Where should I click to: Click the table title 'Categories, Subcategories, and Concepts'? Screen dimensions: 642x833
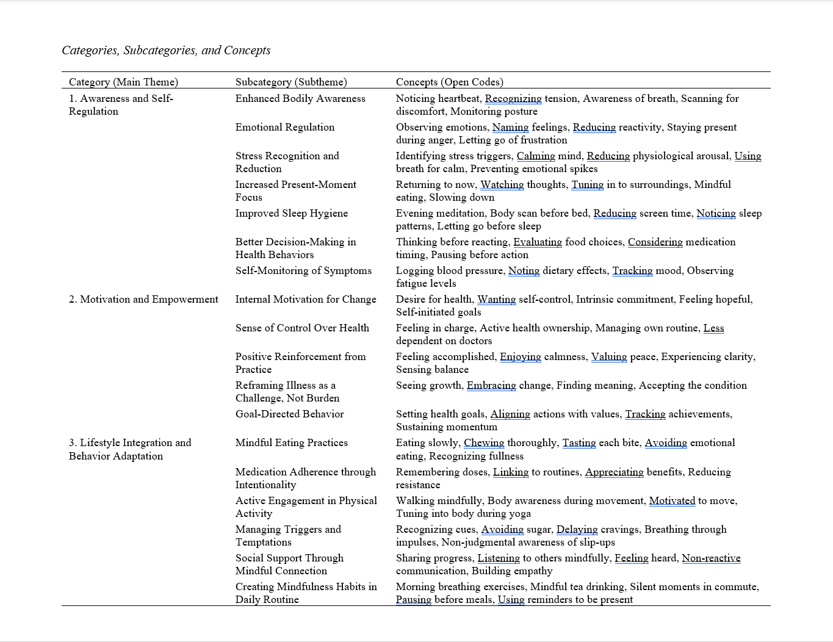[x=166, y=50]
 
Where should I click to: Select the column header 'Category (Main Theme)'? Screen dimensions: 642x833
[x=123, y=82]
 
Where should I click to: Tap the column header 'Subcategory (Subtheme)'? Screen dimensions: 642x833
[x=291, y=82]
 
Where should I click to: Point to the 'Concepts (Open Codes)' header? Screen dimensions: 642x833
[x=449, y=82]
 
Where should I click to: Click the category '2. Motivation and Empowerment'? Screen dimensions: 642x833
[x=143, y=299]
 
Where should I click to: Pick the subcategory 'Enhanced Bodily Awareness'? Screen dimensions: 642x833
[x=300, y=98]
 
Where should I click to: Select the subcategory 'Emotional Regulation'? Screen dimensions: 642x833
[x=285, y=127]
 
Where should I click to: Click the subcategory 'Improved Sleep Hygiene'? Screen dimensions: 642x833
[x=292, y=213]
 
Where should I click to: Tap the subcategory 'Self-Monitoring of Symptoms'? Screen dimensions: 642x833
[x=303, y=270]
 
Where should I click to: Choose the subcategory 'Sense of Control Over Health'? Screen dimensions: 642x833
[x=302, y=328]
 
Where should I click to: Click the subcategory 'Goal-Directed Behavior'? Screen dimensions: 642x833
[x=290, y=414]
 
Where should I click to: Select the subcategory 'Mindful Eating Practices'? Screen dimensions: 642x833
[x=292, y=442]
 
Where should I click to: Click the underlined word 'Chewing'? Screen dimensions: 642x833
[x=484, y=442]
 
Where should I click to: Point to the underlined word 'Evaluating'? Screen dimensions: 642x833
[x=538, y=242]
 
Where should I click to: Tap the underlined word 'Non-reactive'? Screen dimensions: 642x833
[x=711, y=558]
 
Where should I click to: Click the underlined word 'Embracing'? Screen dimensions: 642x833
[x=491, y=385]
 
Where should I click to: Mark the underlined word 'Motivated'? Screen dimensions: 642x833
[x=672, y=500]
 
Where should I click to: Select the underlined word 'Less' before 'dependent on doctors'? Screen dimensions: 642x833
[x=713, y=328]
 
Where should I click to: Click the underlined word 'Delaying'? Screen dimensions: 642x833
[x=577, y=529]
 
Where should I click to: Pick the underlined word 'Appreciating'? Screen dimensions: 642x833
[x=614, y=472]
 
